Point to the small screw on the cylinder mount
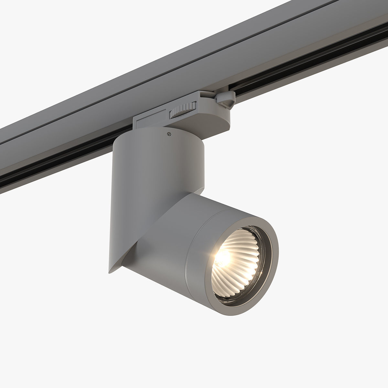168,134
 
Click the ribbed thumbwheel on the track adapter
183,109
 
